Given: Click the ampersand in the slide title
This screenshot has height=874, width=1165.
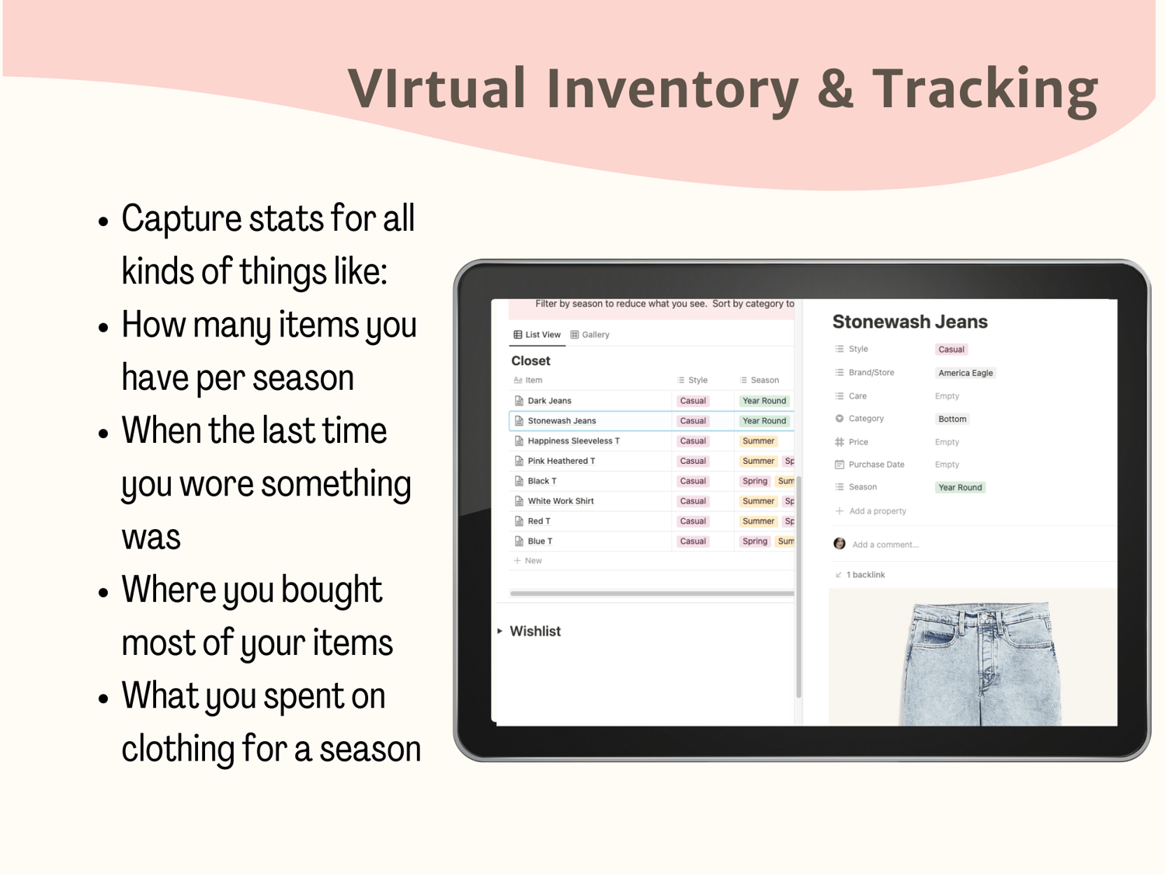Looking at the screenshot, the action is coord(835,88).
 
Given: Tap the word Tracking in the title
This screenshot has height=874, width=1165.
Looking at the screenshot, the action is coord(985,90).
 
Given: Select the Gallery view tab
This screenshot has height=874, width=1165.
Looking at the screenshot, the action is coord(589,334).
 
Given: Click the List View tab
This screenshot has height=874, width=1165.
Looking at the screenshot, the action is coord(537,334).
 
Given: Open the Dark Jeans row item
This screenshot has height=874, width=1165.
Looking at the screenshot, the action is coord(549,401).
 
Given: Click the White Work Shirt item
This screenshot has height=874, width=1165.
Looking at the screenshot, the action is coord(561,501).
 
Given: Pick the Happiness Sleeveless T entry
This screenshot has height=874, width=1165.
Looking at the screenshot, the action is coord(574,441).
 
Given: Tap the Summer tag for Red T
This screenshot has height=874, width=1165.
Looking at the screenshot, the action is coord(759,521).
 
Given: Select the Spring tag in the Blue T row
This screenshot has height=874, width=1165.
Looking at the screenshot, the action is coord(755,541).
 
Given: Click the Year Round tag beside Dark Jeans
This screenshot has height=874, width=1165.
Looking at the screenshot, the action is coord(763,401).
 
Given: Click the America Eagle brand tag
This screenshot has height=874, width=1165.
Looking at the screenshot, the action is coord(965,373).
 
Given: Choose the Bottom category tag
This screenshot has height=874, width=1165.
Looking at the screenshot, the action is coord(952,419).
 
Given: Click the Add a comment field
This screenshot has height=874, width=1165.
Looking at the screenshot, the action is coord(885,545).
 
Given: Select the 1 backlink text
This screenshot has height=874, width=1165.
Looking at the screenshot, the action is coord(866,575).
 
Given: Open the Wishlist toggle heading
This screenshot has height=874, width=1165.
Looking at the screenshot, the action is coord(535,631).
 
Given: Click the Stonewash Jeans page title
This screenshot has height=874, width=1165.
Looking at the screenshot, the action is coord(909,322).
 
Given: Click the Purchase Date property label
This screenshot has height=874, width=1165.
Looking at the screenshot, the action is coord(876,465).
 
